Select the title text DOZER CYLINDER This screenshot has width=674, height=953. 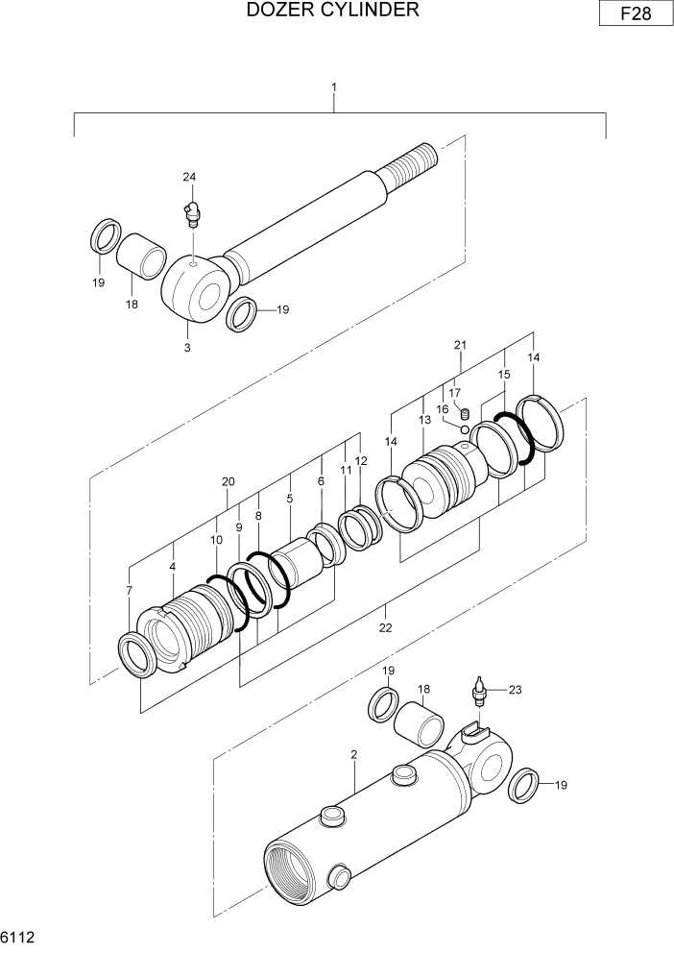[332, 11]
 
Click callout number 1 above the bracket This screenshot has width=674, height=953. [334, 88]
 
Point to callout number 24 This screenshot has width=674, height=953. [189, 177]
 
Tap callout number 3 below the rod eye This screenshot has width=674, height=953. [187, 347]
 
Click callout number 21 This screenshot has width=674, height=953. [460, 345]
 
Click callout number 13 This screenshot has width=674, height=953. [424, 420]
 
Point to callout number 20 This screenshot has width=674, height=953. [229, 481]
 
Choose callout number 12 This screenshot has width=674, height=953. [361, 461]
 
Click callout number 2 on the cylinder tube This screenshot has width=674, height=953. [354, 755]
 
